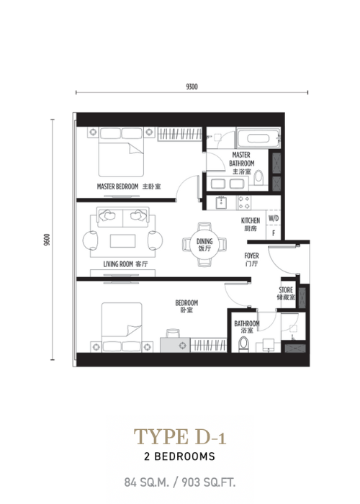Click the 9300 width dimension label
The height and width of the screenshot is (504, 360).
pos(192,87)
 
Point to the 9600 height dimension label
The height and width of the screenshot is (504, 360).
pos(47,240)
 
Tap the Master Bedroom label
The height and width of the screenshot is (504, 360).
pos(129,186)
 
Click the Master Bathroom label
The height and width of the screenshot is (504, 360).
pos(242,163)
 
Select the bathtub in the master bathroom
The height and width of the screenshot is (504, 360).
pos(258,138)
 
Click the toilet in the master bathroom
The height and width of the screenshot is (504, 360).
pos(258,178)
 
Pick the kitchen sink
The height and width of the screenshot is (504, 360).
pos(221,203)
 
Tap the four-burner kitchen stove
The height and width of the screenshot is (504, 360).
pos(244,203)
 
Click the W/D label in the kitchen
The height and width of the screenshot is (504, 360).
pos(274,219)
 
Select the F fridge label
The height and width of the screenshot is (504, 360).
pos(274,233)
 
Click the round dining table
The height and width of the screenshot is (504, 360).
pos(204,244)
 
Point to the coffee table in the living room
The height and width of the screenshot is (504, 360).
pos(122,240)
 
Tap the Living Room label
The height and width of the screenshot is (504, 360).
pos(126,264)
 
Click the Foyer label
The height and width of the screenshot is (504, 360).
pos(251,260)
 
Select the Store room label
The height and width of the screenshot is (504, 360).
pos(286,294)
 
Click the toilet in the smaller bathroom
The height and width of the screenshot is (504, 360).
pos(243,344)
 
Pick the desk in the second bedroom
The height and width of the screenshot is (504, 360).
pos(175,345)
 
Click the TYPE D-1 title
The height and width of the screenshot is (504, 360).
pos(180,436)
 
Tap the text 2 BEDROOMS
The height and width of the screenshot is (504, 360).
pos(180,456)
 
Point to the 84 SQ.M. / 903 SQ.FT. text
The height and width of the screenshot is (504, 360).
pos(180,482)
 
